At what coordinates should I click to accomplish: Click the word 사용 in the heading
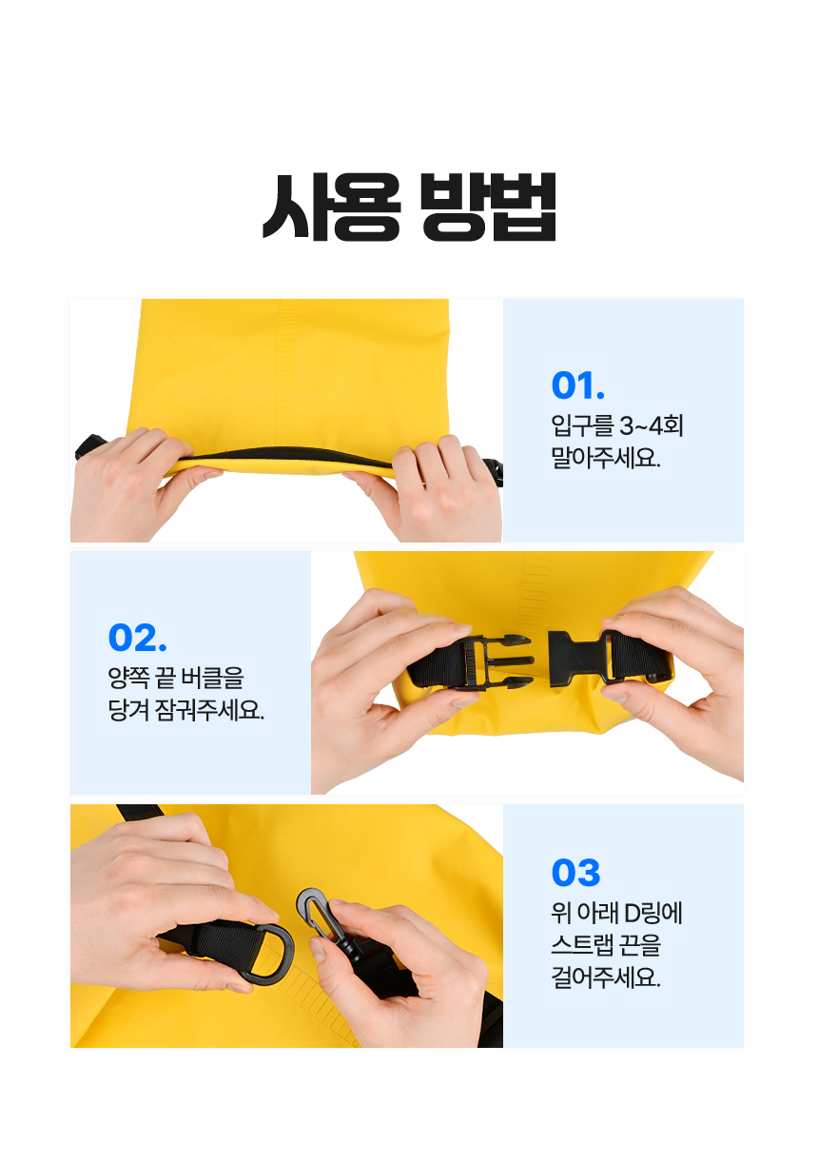click(x=331, y=207)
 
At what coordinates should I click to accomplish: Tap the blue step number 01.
click(x=577, y=385)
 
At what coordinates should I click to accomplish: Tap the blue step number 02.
click(x=137, y=637)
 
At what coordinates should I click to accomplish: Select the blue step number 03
click(x=575, y=873)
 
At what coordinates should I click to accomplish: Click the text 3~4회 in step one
click(x=652, y=425)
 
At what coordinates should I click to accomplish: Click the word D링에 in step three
click(x=652, y=913)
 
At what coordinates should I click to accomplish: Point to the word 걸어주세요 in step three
click(x=606, y=977)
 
